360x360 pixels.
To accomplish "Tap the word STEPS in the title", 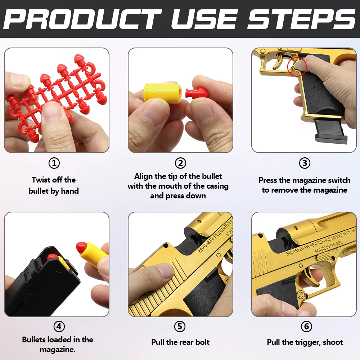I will (x=301, y=19).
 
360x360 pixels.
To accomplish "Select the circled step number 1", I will (x=54, y=163).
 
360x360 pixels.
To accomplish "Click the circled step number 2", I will (x=180, y=163).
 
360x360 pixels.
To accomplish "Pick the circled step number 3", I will (x=305, y=163).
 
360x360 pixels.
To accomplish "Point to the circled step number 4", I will (x=59, y=327).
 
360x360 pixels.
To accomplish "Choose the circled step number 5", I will (x=180, y=327).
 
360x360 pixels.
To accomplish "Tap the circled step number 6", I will (x=306, y=327).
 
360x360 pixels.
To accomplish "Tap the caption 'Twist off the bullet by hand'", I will (x=54, y=185).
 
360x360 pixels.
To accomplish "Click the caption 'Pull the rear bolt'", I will (x=180, y=342).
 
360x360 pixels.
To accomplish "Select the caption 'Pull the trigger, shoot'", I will (x=305, y=342).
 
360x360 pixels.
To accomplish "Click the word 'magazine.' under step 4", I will (x=58, y=350).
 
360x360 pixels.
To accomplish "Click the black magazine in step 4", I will (x=40, y=284).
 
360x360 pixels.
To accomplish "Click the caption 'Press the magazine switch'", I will (x=305, y=180).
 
